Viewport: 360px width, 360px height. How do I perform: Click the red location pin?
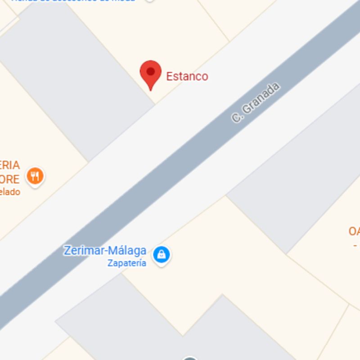point(150,73)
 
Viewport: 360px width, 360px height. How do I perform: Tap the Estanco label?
point(187,76)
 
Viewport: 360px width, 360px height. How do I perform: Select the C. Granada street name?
point(256,103)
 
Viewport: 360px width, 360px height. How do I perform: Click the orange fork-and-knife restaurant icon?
point(35,175)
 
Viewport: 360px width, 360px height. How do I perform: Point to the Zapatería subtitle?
point(126,263)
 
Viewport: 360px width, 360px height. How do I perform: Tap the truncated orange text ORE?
point(10,179)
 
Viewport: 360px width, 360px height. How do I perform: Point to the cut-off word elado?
point(10,192)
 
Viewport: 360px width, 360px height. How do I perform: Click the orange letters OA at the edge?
point(354,231)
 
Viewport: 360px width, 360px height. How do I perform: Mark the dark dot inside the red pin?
point(150,71)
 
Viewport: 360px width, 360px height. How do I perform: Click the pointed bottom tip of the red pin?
point(150,90)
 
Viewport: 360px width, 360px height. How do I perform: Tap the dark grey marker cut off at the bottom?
point(190,358)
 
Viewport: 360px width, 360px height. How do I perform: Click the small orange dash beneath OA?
point(355,245)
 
